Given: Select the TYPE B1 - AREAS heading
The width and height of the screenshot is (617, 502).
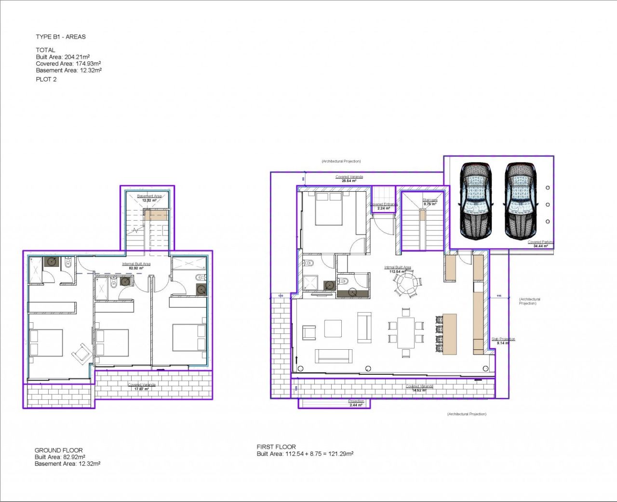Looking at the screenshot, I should coord(61,37).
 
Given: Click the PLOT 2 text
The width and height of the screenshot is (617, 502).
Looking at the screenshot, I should coord(46,79).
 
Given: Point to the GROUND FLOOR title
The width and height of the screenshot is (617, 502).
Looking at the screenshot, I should coord(59,450).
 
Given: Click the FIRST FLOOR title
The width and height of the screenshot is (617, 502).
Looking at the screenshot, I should coord(276,447).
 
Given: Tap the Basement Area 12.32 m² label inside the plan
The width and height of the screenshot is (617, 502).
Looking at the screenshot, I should coord(149,198).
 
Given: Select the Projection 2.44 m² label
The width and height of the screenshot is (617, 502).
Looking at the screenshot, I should coord(356,403).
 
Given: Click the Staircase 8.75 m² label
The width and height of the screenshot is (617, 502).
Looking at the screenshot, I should coord(430,202).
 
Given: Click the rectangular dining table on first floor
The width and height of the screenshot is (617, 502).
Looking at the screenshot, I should coord(406,332).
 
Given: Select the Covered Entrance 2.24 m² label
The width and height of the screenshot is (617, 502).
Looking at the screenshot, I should coord(384,206).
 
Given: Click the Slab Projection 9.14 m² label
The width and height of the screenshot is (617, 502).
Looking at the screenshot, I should coord(503,341).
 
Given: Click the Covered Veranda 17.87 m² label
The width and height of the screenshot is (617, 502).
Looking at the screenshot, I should coord(142,386).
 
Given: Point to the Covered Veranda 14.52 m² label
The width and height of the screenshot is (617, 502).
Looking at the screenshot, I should coord(419,388).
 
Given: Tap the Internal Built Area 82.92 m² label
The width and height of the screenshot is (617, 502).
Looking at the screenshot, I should coord(136,266).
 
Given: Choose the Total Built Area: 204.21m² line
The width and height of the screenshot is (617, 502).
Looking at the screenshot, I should coord(63,57).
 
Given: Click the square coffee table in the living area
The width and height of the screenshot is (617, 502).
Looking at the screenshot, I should coord(333,329).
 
